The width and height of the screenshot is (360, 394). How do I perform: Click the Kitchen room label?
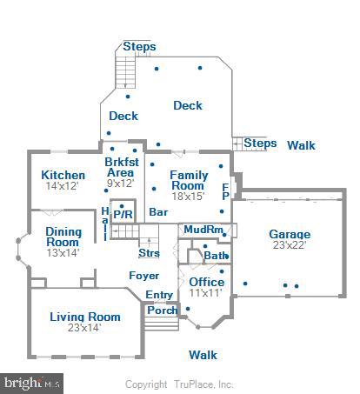[63, 175]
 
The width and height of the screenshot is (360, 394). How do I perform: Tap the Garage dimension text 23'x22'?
[290, 246]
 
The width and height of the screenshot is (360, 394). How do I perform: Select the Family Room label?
[188, 180]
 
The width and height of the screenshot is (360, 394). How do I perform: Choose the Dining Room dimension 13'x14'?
[63, 252]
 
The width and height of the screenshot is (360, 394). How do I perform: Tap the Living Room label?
[84, 317]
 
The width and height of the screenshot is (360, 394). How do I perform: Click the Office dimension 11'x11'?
[206, 294]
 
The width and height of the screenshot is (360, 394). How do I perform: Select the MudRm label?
[204, 230]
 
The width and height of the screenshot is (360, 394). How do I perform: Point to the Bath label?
[216, 256]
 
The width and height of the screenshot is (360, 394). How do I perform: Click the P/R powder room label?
[123, 214]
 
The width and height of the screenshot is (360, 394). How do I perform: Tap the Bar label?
[158, 212]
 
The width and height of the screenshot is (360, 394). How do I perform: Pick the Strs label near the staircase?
[149, 253]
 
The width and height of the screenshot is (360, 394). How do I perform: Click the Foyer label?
[144, 276]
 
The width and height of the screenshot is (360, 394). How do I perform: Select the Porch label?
[162, 310]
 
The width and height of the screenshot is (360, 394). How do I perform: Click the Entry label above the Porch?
[159, 295]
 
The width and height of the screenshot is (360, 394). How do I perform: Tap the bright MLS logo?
[32, 382]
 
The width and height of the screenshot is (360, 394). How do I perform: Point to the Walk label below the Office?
[203, 355]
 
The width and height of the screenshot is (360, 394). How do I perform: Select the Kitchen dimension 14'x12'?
[63, 186]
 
